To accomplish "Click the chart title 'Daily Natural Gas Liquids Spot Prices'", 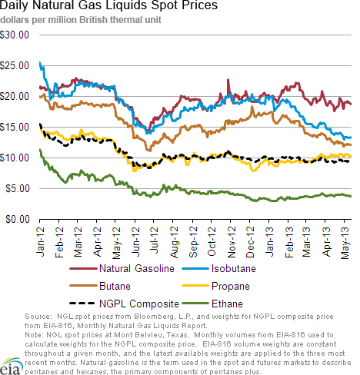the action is [x=108, y=5].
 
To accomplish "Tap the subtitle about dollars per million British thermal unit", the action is [x=81, y=20].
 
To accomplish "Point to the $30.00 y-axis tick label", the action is [x=15, y=35].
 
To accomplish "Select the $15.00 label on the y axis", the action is [x=15, y=127].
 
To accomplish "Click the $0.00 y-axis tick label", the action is [x=18, y=219].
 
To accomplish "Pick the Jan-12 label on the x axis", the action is [x=40, y=241].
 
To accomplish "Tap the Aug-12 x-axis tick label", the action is [x=174, y=242].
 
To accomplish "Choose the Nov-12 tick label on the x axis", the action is [x=232, y=242].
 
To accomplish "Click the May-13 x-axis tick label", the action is [x=345, y=243].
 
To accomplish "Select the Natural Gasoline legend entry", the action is [x=122, y=268].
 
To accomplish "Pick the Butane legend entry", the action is [x=100, y=286].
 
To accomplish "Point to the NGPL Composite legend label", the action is [x=139, y=304].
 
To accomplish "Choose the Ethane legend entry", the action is [x=212, y=304].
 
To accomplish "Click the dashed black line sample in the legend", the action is [x=82, y=304].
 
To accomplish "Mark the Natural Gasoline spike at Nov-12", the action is [x=228, y=80].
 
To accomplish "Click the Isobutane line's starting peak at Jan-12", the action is [x=40, y=63].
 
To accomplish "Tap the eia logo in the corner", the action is [x=10, y=367].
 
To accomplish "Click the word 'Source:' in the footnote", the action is [x=38, y=317].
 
